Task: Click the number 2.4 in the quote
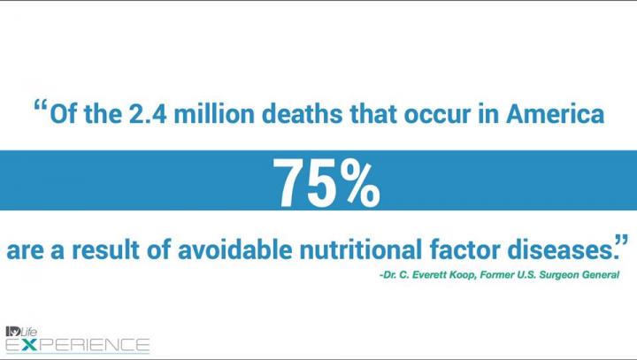(148, 114)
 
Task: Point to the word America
(556, 114)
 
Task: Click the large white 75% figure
(326, 182)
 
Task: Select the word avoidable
(234, 249)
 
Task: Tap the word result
(105, 249)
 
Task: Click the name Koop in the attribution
(464, 275)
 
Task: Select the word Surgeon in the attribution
(559, 275)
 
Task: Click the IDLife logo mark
(21, 332)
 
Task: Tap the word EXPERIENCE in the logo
(78, 345)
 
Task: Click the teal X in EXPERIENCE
(29, 345)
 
